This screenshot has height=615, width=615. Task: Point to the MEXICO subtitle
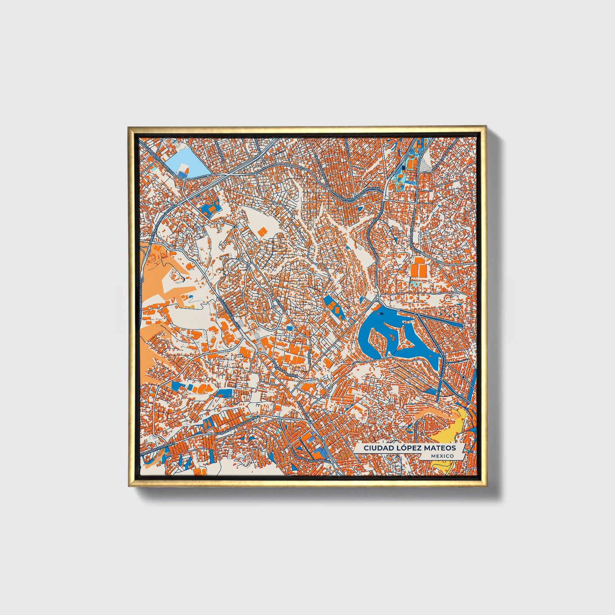click(x=442, y=456)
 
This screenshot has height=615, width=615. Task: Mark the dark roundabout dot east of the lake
click(x=463, y=377)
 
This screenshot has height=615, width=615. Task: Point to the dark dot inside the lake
click(x=381, y=314)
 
